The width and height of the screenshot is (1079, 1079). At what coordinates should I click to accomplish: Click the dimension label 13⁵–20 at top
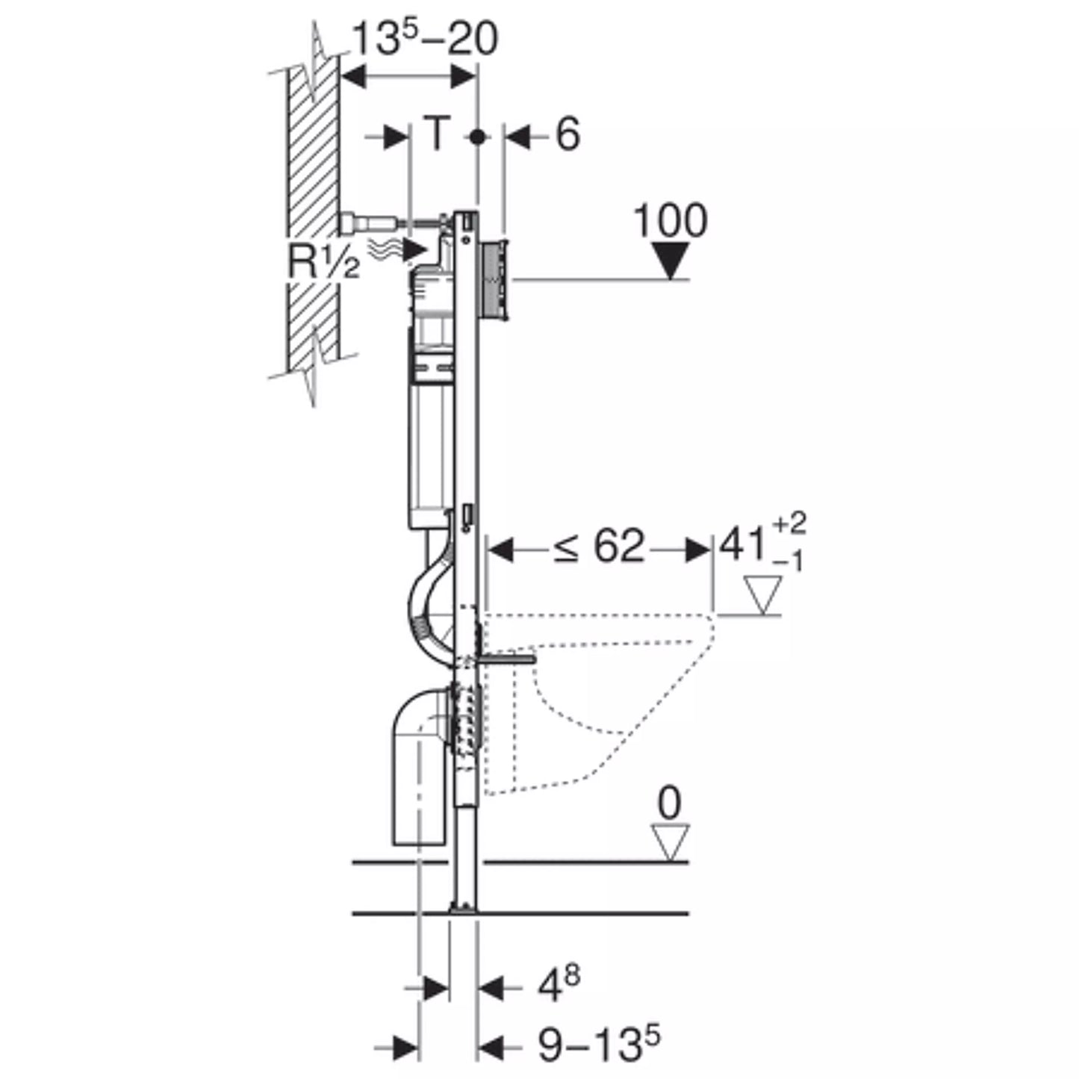point(425,38)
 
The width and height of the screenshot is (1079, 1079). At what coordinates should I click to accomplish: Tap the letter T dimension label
point(436,133)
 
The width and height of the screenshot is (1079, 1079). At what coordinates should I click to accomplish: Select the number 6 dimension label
point(568,134)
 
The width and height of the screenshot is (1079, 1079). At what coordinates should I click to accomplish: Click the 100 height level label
point(671,220)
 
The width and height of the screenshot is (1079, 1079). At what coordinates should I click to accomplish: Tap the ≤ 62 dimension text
point(598,546)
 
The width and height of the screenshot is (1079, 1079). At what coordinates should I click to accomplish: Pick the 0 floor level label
point(669,803)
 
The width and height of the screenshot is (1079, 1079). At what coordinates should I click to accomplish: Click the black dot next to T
point(477,137)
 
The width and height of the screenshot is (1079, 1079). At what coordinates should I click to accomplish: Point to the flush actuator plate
point(494,280)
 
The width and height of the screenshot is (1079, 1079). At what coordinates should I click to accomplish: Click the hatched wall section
point(314,213)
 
